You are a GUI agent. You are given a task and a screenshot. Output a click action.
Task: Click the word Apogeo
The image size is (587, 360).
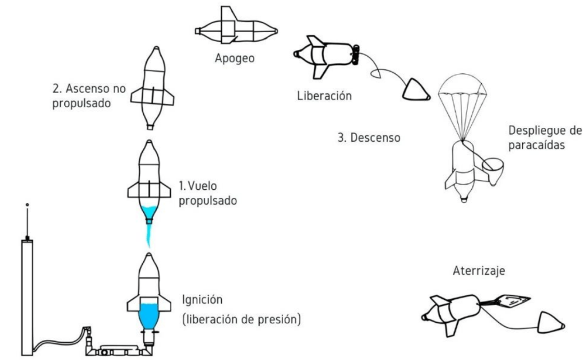[x=235, y=58]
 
